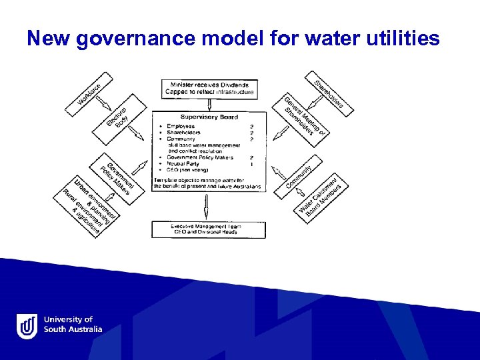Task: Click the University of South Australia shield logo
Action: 27,326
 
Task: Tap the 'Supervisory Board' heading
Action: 209,117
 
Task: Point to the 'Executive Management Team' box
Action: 209,229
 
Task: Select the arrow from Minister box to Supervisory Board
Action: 208,103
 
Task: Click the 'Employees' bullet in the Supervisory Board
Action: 181,127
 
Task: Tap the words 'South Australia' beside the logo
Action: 73,329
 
